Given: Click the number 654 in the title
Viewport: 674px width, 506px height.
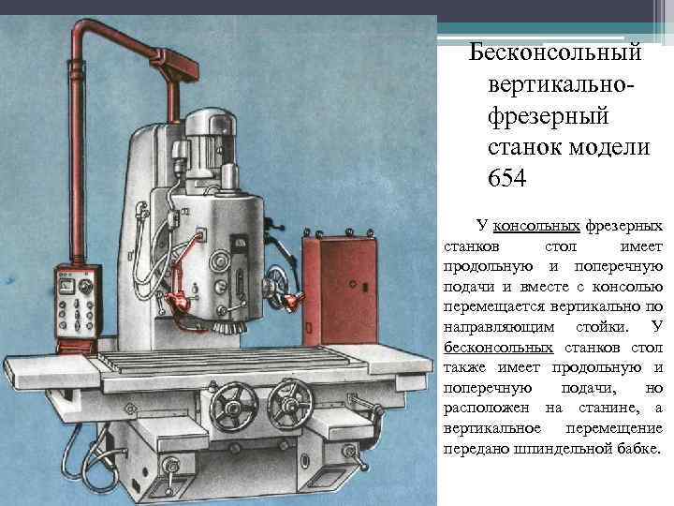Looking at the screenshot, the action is (506, 177).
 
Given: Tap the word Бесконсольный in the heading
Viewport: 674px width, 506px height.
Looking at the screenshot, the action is (555, 52).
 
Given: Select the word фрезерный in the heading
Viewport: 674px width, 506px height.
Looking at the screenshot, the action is (549, 116).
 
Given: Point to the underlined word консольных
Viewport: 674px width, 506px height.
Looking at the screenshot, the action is (536, 226).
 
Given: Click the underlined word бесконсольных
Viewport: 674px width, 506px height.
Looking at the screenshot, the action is (498, 348).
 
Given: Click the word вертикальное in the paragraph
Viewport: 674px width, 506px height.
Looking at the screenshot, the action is (492, 428).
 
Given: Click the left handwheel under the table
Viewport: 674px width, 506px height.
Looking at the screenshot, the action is (233, 406).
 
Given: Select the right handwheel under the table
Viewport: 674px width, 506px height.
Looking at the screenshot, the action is (290, 405).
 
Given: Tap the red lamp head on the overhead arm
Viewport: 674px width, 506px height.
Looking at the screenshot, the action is (175, 65).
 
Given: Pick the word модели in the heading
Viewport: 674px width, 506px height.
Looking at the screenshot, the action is (609, 147).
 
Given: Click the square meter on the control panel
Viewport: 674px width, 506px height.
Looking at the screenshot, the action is (67, 285).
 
